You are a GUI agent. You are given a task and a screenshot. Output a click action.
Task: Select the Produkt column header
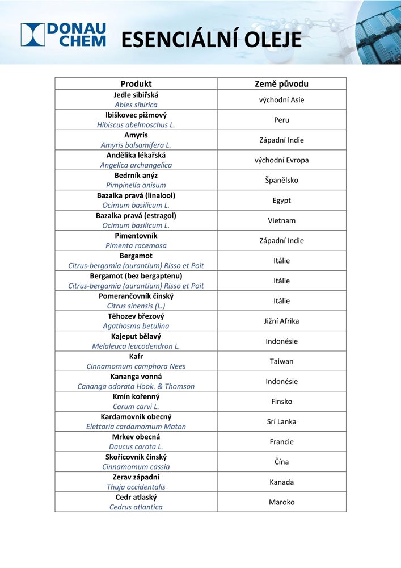(136, 84)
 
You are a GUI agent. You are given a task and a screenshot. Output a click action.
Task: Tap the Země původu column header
(281, 84)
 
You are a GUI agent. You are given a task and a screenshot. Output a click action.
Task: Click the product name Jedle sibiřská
(136, 95)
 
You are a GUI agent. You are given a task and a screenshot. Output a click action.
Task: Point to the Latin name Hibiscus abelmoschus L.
(136, 125)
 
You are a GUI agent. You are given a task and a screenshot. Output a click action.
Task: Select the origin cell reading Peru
(281, 120)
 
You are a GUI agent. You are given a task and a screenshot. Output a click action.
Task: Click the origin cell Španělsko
(281, 180)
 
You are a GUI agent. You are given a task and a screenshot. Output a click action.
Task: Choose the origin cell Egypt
(281, 201)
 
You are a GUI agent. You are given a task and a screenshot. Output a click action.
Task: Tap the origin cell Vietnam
(281, 220)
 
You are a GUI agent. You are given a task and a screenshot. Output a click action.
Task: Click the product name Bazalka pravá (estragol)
(136, 215)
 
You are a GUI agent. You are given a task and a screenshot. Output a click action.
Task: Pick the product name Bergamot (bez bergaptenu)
(136, 275)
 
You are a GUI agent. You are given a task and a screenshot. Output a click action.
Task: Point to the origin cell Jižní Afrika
(281, 321)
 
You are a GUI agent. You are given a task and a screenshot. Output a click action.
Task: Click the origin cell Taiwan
(281, 361)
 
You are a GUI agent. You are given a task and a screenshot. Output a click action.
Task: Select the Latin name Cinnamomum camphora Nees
(136, 366)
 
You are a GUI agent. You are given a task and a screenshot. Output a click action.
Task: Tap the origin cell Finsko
(281, 402)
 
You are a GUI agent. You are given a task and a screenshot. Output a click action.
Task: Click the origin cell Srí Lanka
(281, 421)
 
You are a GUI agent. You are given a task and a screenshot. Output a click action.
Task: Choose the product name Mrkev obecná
(136, 437)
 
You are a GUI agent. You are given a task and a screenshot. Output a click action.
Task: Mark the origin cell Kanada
(281, 482)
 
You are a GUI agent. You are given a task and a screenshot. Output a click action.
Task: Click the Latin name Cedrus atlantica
(136, 507)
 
